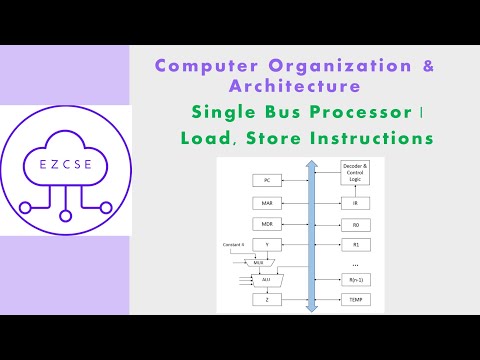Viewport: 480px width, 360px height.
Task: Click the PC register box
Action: [x=267, y=181]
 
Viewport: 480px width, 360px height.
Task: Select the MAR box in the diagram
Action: [x=267, y=203]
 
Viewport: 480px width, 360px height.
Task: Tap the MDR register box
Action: [x=267, y=223]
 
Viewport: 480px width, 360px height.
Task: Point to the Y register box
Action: [x=267, y=243]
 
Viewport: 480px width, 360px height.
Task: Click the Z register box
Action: [x=267, y=299]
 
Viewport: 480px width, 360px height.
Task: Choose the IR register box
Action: [x=355, y=203]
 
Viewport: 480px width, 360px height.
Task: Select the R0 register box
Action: [x=355, y=223]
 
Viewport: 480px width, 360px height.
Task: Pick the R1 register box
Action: [x=355, y=243]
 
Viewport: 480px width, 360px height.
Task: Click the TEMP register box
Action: [x=355, y=299]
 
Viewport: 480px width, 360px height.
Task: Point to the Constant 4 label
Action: [x=234, y=245]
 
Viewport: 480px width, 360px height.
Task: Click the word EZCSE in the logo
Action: [x=65, y=162]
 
